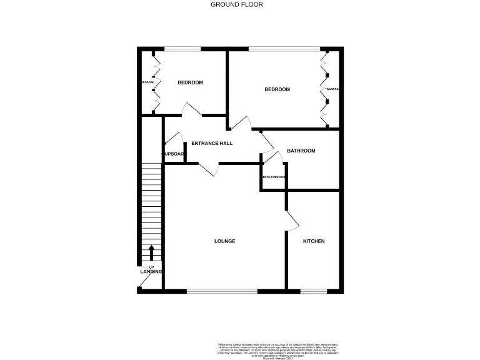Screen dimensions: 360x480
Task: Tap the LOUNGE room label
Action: click(224, 241)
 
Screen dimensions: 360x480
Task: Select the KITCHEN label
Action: click(314, 241)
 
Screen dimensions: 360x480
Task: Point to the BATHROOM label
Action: click(301, 151)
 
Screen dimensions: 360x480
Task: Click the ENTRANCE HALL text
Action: click(212, 143)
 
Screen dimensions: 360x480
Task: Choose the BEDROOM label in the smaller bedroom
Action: click(190, 82)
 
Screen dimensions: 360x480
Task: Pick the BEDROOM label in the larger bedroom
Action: click(277, 89)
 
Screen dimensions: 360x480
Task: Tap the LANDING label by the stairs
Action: click(151, 272)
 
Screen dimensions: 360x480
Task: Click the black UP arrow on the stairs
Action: click(151, 252)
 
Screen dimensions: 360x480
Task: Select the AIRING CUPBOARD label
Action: click(274, 177)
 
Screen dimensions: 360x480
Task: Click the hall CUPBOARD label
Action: click(173, 154)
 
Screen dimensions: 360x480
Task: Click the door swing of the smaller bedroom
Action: click(191, 109)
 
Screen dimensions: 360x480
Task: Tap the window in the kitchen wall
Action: click(314, 291)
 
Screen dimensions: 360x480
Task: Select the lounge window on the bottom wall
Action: click(222, 291)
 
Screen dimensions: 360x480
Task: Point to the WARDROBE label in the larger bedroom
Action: click(332, 89)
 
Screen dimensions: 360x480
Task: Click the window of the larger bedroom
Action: click(284, 49)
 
